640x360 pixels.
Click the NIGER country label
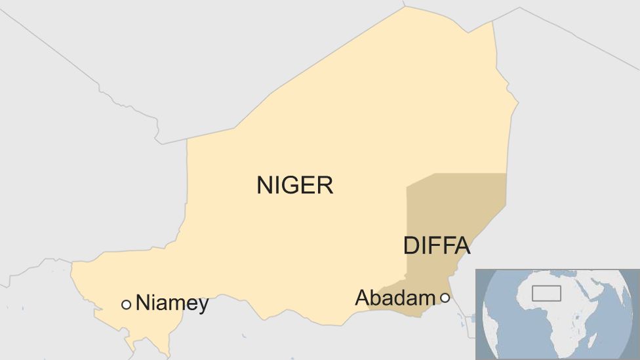point(294,186)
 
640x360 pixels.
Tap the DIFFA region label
point(436,246)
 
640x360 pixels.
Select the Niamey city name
point(172,304)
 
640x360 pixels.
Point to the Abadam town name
point(395,298)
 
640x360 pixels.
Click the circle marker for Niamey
point(126,304)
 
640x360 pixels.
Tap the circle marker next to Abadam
point(445,298)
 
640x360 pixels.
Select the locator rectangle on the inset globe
point(546,293)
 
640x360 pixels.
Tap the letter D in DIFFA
point(411,246)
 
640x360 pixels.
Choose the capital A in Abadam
point(361,298)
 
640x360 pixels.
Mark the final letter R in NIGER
point(326,186)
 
